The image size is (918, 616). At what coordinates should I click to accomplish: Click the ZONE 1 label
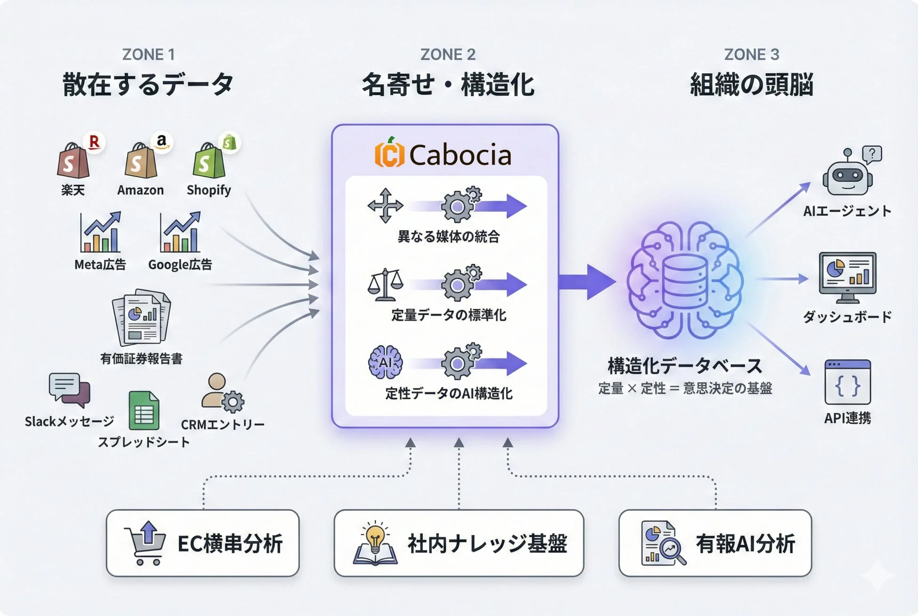click(148, 55)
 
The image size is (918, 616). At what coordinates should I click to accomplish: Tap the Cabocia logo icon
click(389, 153)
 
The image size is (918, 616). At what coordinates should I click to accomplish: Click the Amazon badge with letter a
click(161, 141)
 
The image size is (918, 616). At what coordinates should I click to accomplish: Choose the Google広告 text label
click(180, 264)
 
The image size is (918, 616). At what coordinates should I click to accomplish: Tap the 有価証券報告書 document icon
click(141, 318)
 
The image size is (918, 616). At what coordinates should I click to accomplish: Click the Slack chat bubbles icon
click(69, 390)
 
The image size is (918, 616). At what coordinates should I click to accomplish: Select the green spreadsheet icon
click(144, 411)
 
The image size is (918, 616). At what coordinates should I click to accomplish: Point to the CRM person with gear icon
click(223, 393)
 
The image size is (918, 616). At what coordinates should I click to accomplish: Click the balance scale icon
click(385, 285)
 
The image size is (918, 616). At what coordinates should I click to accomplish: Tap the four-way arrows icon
click(385, 206)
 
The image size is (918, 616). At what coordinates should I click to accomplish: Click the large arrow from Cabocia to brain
click(587, 282)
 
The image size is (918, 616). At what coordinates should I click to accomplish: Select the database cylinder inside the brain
click(684, 281)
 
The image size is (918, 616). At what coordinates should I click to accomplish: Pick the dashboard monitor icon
click(847, 277)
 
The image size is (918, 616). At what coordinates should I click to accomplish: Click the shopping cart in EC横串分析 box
click(145, 543)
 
